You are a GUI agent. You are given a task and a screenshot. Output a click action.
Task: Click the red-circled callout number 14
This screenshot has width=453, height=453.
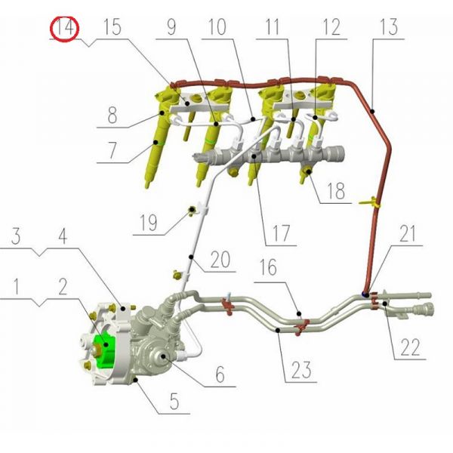point(64,29)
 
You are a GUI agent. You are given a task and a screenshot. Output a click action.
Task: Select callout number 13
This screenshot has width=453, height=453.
point(389,27)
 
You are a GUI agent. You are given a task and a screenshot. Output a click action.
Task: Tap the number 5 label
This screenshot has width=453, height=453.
point(174,401)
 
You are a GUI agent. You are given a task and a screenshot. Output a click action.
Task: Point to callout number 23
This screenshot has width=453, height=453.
point(301,370)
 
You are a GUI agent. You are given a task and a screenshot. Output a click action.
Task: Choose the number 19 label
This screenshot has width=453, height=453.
point(148,223)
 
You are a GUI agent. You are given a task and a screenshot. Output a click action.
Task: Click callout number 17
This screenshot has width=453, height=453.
point(281,233)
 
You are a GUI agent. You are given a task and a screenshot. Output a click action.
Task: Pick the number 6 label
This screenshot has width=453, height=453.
point(220,374)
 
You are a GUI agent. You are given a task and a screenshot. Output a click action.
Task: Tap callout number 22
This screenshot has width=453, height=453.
point(410,347)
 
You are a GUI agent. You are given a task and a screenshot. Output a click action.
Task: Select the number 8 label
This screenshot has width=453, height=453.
point(112,115)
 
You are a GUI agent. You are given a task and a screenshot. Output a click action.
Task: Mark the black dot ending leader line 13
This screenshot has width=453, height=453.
point(372,111)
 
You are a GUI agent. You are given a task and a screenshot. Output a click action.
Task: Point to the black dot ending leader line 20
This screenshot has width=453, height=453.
point(191,257)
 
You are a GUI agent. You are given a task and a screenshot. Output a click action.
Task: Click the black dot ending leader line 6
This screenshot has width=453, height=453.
point(163,356)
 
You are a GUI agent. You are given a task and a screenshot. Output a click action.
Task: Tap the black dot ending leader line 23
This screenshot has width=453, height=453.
point(278,330)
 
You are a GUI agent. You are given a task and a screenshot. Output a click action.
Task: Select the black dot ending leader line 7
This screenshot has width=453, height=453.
point(156,142)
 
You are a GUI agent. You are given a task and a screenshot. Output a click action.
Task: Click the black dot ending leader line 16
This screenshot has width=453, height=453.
point(299,314)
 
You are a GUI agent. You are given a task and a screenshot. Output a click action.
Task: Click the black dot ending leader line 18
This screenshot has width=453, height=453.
point(309,172)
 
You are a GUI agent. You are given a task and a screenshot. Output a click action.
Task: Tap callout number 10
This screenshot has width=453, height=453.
point(217,27)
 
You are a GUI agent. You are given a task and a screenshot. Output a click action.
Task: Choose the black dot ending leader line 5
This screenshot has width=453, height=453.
point(136,379)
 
